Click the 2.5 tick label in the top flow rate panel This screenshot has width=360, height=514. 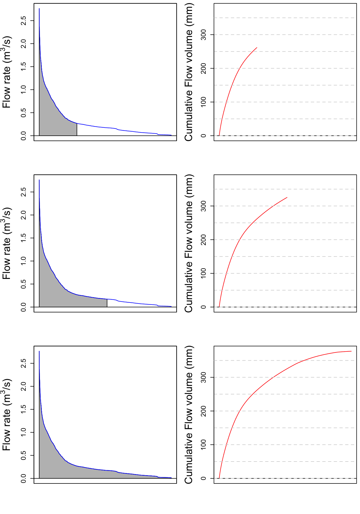pyautogui.click(x=23, y=21)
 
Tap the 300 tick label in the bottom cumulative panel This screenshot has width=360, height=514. pyautogui.click(x=204, y=377)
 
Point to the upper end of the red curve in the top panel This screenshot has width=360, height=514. pyautogui.click(x=257, y=48)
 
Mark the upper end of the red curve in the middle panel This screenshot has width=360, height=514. pyautogui.click(x=287, y=198)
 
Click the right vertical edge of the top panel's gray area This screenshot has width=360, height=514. pyautogui.click(x=77, y=130)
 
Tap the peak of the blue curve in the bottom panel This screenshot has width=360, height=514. pyautogui.click(x=39, y=351)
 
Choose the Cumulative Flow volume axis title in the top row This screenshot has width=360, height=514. pyautogui.click(x=189, y=72)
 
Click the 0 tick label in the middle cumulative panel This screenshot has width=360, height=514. pyautogui.click(x=204, y=307)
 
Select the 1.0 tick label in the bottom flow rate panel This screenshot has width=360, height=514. pyautogui.click(x=23, y=432)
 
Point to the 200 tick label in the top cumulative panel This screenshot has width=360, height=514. pyautogui.click(x=204, y=68)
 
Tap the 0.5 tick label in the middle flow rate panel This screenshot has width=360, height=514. pyautogui.click(x=23, y=284)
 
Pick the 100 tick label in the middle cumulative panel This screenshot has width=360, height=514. pyautogui.click(x=204, y=273)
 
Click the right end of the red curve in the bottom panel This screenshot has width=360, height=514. pyautogui.click(x=351, y=351)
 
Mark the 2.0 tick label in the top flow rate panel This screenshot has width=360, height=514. pyautogui.click(x=23, y=44)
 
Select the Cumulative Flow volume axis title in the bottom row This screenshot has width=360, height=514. pyautogui.click(x=189, y=415)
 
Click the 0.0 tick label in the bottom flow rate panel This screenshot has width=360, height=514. pyautogui.click(x=23, y=478)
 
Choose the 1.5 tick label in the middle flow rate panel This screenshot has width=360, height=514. pyautogui.click(x=23, y=238)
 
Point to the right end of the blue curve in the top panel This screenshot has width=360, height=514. pyautogui.click(x=171, y=135)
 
